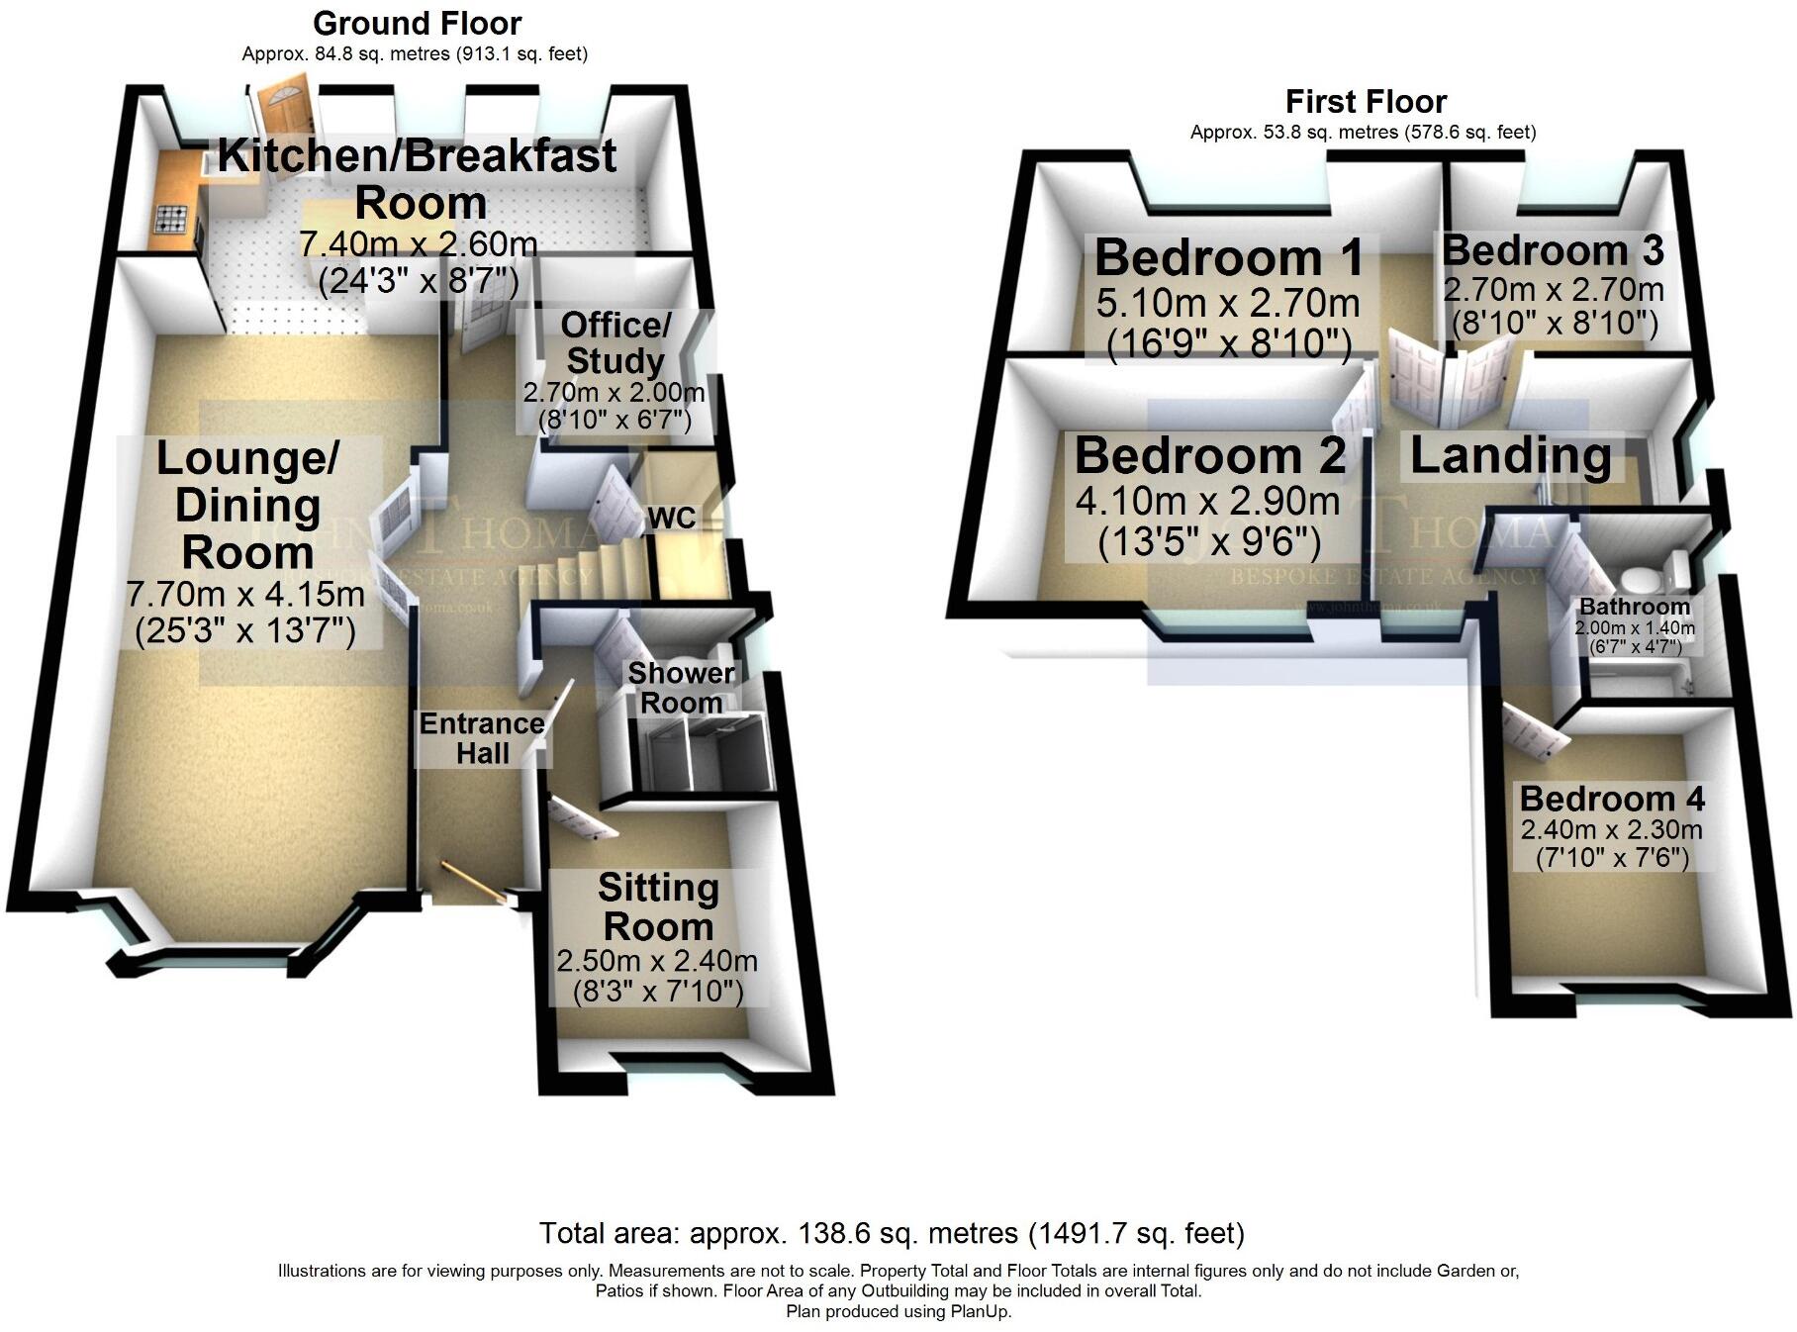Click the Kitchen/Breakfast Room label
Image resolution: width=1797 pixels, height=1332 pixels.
(418, 179)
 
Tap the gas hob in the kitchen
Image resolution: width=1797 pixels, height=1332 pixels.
(171, 219)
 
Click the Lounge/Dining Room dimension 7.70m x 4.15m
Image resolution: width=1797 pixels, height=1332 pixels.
(246, 594)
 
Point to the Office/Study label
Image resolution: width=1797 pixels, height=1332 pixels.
(615, 342)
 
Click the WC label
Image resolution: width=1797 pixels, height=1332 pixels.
(671, 518)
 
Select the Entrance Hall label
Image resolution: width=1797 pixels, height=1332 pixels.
(482, 738)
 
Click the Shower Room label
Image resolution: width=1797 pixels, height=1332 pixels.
(681, 688)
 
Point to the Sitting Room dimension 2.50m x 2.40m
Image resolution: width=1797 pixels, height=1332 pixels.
(657, 960)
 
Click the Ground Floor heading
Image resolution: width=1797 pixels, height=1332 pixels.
(417, 23)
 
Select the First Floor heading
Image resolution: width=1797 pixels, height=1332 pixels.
(1366, 101)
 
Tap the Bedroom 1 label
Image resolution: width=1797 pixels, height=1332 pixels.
(1229, 257)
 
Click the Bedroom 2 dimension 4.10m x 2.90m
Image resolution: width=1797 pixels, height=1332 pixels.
(1207, 501)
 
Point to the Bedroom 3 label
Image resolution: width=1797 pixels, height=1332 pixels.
(1553, 250)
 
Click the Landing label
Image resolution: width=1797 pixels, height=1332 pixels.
(1510, 455)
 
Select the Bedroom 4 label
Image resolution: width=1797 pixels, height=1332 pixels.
(1612, 798)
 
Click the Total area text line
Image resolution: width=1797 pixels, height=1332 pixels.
(892, 1233)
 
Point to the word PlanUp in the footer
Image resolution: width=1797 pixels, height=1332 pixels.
(981, 1312)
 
